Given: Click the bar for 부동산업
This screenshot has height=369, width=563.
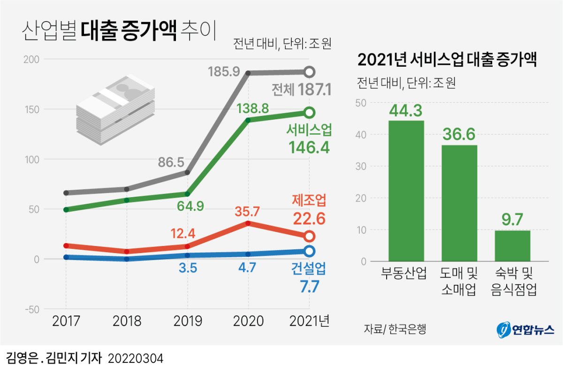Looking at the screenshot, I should tap(406, 191).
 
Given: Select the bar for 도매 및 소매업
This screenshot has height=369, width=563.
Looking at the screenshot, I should tap(459, 203).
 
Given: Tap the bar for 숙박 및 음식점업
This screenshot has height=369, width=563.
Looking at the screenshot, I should tap(512, 246).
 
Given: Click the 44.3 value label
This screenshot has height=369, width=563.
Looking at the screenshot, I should tap(406, 111).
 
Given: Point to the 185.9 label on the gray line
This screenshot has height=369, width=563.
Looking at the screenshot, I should tap(224, 72).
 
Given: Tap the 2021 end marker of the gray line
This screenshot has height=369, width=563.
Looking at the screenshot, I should tap(309, 72).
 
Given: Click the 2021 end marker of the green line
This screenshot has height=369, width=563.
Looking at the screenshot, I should tap(309, 112).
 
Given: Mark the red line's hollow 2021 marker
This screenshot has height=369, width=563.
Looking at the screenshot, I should tap(309, 236).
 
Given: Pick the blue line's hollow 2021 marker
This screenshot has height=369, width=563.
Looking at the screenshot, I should tap(309, 251).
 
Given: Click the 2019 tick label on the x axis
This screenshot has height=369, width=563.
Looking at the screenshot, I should tap(188, 321).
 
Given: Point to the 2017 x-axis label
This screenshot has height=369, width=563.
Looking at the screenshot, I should tap(66, 321).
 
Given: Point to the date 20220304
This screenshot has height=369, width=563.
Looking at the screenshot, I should tap(136, 359).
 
